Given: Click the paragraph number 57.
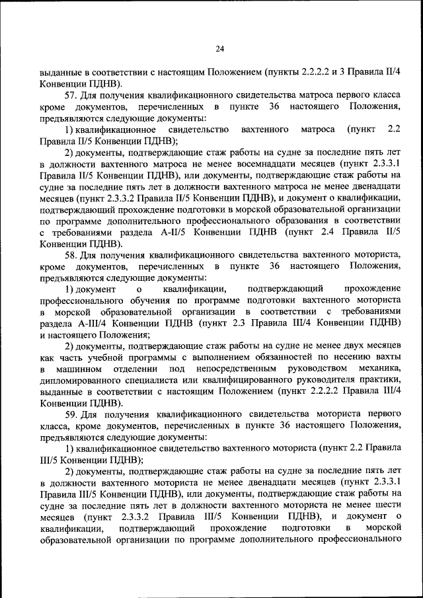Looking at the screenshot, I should coord(71,95).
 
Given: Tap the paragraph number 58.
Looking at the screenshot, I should coord(71,254).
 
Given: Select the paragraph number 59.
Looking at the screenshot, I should coord(71,414).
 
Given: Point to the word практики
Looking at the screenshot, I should coord(377,379).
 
